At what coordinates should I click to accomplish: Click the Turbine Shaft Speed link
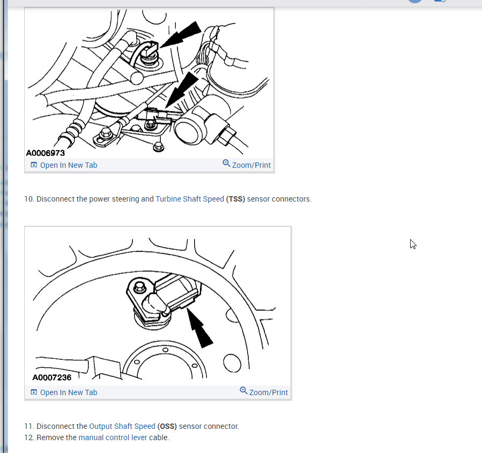190,199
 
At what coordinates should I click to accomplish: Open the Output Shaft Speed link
122,427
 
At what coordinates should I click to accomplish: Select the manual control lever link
113,437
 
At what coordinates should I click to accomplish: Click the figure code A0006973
46,153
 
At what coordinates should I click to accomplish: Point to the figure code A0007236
51,377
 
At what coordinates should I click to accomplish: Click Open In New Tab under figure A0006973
64,165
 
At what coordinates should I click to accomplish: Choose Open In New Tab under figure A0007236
64,393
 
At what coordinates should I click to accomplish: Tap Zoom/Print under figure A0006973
247,165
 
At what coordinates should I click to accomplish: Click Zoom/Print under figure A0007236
264,392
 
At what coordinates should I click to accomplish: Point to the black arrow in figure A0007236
199,328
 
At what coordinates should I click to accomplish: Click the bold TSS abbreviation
235,199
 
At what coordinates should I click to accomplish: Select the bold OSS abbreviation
167,427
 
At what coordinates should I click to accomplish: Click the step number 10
29,199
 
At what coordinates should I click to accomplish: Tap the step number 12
29,437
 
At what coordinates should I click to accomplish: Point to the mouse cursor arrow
413,244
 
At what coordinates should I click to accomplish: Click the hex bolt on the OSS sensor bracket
140,287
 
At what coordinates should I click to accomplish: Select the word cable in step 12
159,437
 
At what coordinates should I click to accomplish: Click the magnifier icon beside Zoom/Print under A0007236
243,390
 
